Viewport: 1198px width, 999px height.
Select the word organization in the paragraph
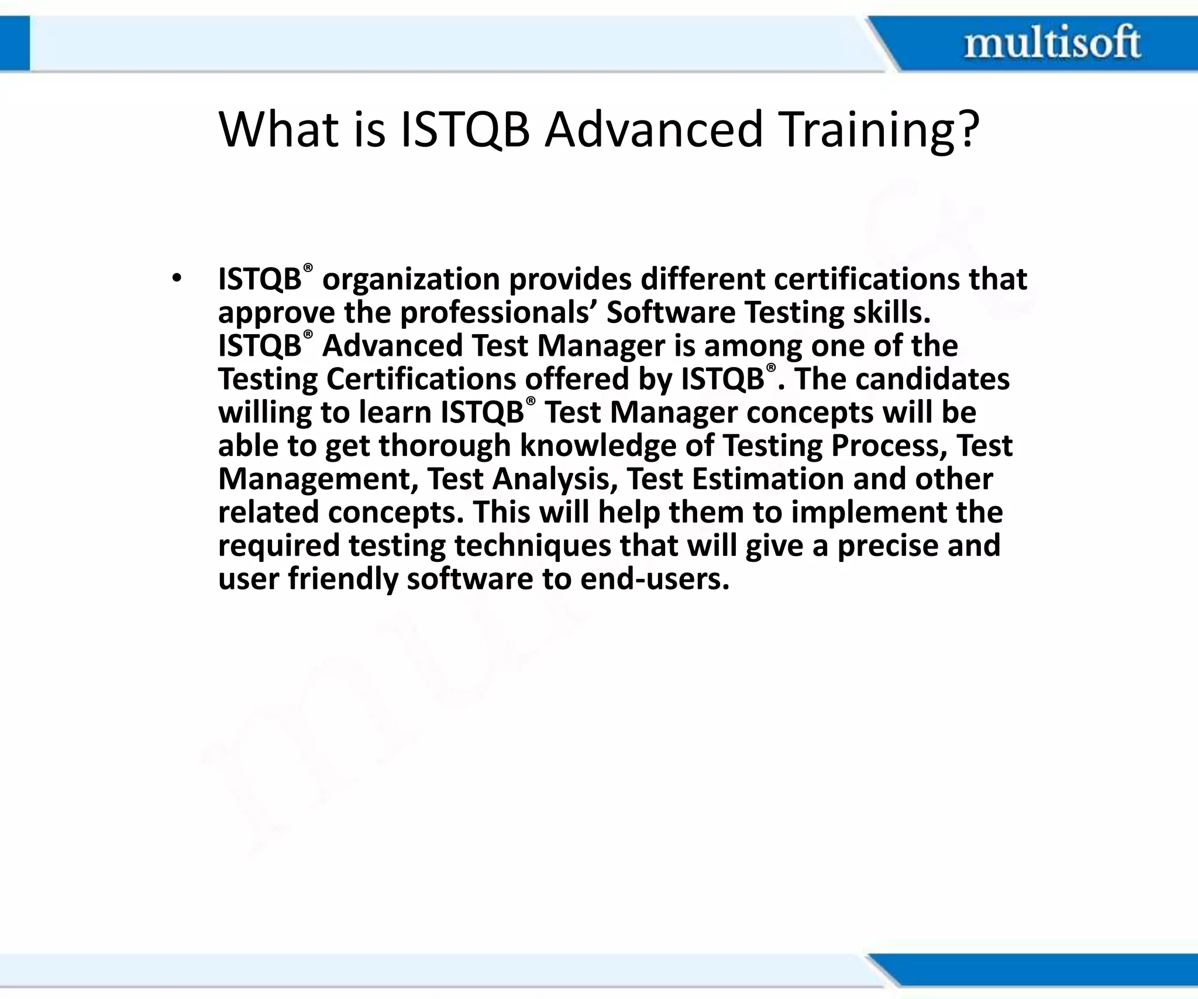(x=411, y=280)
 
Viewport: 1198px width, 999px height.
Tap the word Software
(x=670, y=313)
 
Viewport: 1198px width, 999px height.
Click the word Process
(x=890, y=446)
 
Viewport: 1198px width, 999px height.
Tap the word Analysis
(x=555, y=479)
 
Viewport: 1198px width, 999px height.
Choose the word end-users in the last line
(x=655, y=579)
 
